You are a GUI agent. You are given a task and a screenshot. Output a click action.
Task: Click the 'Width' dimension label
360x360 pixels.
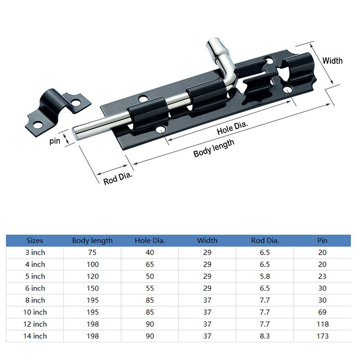[332, 61]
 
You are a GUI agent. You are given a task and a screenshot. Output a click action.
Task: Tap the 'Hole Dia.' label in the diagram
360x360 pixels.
[232, 129]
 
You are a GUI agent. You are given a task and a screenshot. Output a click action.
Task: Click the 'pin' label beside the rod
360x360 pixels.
[55, 141]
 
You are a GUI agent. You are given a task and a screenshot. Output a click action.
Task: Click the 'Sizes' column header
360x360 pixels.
[35, 240]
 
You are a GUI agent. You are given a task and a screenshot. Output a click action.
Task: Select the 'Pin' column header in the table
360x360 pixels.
[322, 240]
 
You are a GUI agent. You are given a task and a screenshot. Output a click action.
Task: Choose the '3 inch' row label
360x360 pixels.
[35, 252]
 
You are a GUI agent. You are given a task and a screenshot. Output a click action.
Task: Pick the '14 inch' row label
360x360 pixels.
[35, 336]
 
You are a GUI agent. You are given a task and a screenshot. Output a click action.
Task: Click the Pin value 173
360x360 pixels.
[322, 336]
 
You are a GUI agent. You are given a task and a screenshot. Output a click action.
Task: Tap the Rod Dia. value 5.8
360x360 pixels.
[265, 276]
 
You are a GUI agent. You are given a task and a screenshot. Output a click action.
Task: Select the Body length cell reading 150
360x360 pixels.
[92, 288]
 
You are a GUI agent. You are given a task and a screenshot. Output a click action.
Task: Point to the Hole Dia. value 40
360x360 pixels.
[149, 252]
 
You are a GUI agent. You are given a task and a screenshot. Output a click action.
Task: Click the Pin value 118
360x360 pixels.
[322, 324]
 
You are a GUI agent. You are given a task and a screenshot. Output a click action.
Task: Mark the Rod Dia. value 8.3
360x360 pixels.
[265, 336]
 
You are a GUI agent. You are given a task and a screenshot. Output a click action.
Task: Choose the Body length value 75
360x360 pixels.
[92, 252]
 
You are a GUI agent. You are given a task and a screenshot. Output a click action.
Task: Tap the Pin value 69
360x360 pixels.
[322, 312]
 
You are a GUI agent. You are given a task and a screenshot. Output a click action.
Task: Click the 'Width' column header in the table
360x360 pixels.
[207, 240]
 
